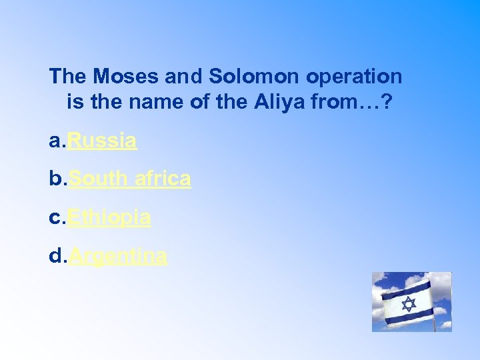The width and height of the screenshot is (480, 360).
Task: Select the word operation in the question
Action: [x=354, y=77]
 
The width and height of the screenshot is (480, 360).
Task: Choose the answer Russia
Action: [x=103, y=141]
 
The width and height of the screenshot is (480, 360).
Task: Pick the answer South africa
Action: [x=129, y=179]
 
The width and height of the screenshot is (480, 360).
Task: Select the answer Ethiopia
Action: [x=109, y=217]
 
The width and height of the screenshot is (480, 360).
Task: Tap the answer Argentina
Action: [x=118, y=255]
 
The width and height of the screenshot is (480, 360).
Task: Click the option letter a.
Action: [x=55, y=141]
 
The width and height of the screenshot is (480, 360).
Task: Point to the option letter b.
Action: [x=55, y=179]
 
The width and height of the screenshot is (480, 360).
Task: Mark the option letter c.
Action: [x=55, y=217]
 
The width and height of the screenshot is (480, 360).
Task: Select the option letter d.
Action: [x=55, y=255]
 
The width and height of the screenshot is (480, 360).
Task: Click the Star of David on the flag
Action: [x=409, y=304]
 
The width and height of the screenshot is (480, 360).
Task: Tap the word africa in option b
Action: [x=163, y=179]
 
